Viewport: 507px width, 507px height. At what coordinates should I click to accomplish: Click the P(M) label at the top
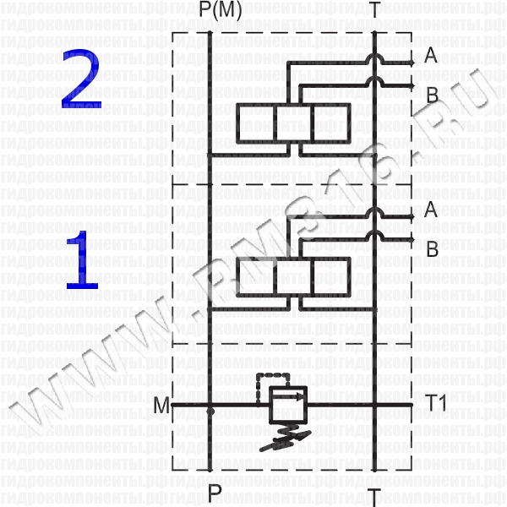coord(210,12)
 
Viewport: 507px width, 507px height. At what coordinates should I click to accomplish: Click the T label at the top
coord(374,12)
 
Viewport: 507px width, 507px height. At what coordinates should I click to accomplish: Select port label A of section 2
coord(431,57)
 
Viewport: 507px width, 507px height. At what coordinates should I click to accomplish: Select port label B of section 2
coord(432,95)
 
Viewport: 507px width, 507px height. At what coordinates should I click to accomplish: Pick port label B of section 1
coord(432,249)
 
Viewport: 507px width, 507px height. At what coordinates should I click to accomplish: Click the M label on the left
coord(161,406)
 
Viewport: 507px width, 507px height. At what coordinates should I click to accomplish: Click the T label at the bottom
coord(374,492)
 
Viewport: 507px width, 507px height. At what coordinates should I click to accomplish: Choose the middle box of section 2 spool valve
coord(293,123)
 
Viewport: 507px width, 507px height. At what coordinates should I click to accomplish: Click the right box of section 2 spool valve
coord(330,123)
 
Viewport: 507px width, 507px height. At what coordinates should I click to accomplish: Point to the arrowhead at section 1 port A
coord(411,217)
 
